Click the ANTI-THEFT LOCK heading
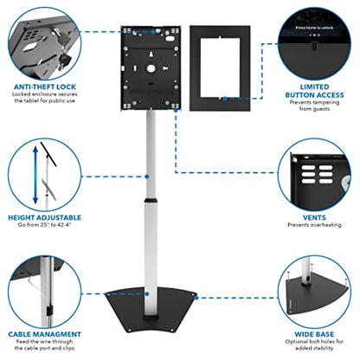(46, 87)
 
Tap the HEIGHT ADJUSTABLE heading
(46, 217)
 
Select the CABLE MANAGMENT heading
(46, 333)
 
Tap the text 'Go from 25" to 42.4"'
(46, 226)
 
